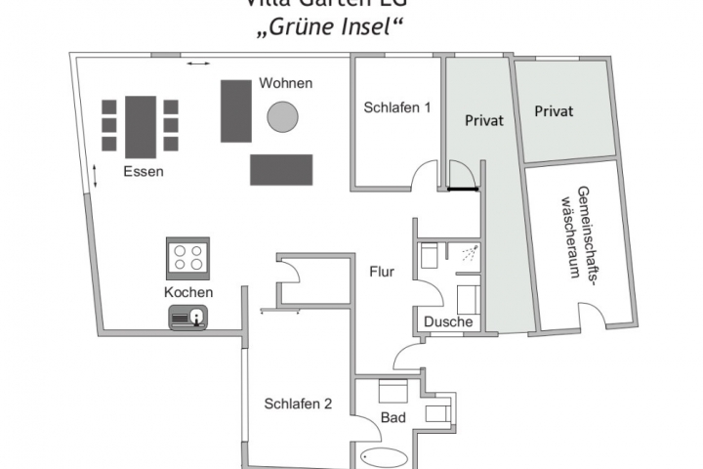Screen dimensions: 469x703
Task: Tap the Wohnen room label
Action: click(x=285, y=84)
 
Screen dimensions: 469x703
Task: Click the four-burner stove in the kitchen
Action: click(x=188, y=258)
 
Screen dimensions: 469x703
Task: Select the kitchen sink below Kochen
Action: click(x=188, y=316)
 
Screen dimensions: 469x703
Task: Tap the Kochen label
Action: click(x=188, y=292)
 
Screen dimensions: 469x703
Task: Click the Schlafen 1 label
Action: click(x=397, y=107)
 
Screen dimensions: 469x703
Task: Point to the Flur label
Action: click(x=382, y=271)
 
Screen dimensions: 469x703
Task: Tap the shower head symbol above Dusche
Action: click(x=471, y=254)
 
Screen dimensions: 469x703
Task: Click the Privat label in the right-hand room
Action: click(x=554, y=111)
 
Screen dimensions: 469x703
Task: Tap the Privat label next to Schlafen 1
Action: click(x=483, y=121)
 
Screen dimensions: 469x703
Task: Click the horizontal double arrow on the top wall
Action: click(x=197, y=64)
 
